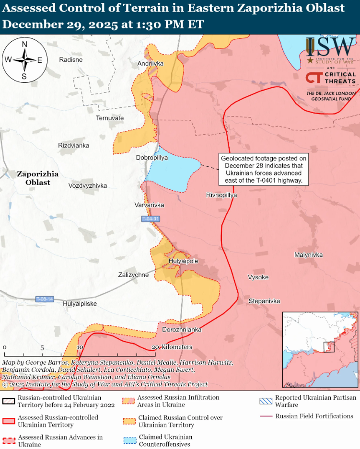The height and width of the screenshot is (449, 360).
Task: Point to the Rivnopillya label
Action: [221, 195]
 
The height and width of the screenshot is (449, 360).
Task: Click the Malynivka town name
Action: [308, 254]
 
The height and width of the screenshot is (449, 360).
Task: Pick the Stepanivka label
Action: [264, 301]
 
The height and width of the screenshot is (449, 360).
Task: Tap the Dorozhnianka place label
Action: [182, 330]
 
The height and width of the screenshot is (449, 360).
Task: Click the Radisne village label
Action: [71, 59]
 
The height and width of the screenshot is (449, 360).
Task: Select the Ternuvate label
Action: [110, 118]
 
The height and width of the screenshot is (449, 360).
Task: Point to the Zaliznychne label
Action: [133, 275]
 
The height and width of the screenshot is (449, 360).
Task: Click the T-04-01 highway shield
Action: [151, 219]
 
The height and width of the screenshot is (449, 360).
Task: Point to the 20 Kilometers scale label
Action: [173, 347]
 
